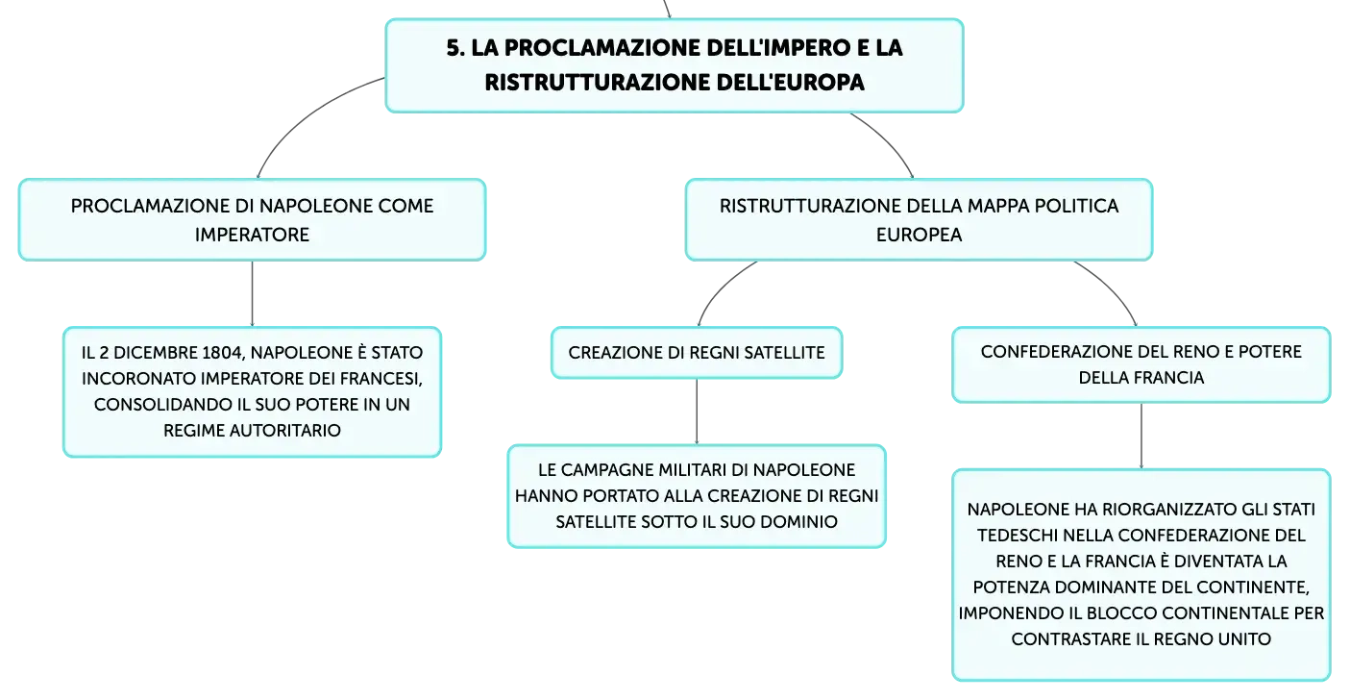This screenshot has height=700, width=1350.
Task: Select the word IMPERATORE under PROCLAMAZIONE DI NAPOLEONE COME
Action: click(252, 235)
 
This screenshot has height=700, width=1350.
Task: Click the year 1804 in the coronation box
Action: click(222, 352)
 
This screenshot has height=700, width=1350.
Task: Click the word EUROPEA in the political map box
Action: click(920, 235)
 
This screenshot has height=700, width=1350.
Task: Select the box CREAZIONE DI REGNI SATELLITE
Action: click(697, 353)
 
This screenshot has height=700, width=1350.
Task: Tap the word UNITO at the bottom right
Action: click(1247, 639)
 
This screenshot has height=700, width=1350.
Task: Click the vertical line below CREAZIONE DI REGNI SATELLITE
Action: click(697, 412)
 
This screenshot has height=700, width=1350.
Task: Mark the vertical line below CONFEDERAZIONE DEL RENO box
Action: click(1141, 436)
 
